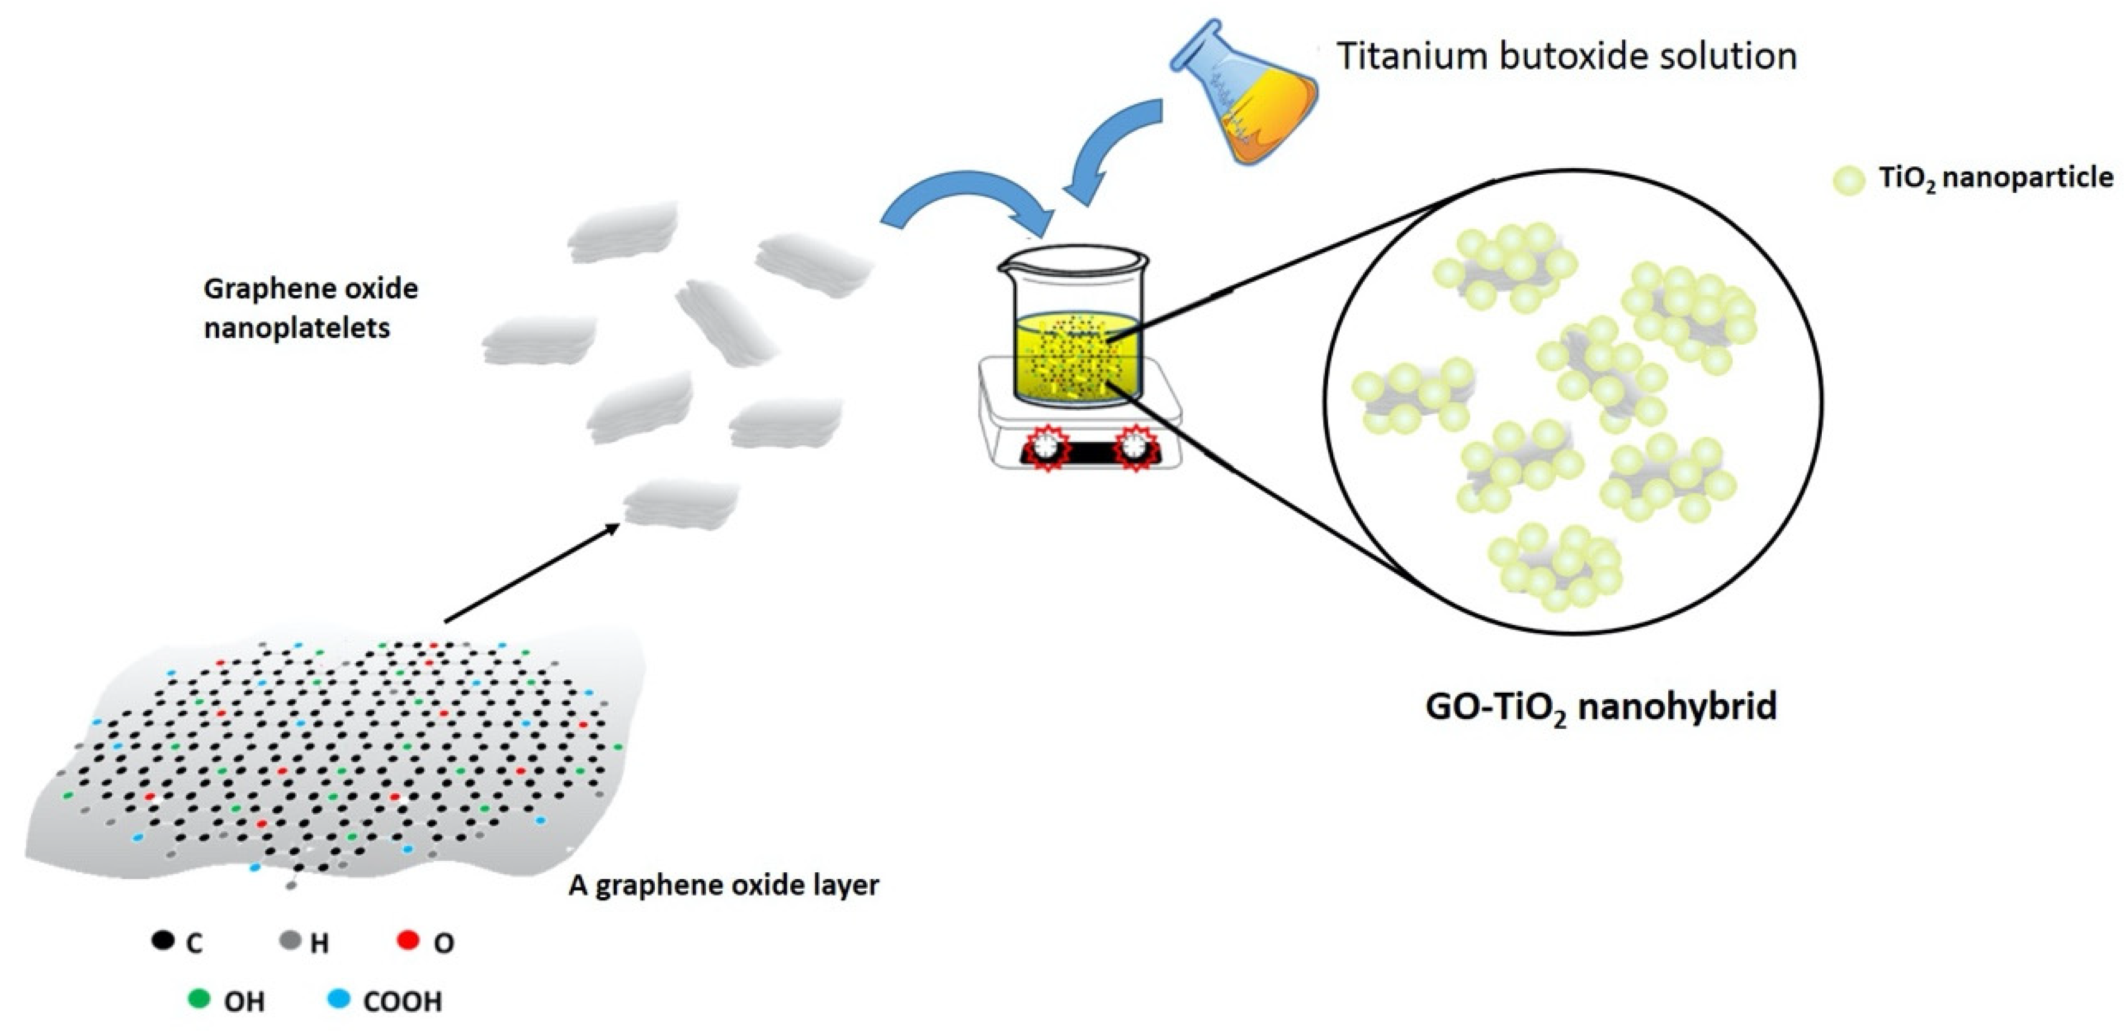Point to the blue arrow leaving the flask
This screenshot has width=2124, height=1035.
(x=1113, y=148)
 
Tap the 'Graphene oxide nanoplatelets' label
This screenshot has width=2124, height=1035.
(x=310, y=308)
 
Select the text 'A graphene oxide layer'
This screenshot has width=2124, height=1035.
(x=724, y=885)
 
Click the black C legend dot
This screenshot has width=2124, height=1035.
(x=163, y=939)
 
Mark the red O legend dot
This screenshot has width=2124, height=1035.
(x=408, y=939)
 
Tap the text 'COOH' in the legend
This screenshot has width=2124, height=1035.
(x=403, y=1001)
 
